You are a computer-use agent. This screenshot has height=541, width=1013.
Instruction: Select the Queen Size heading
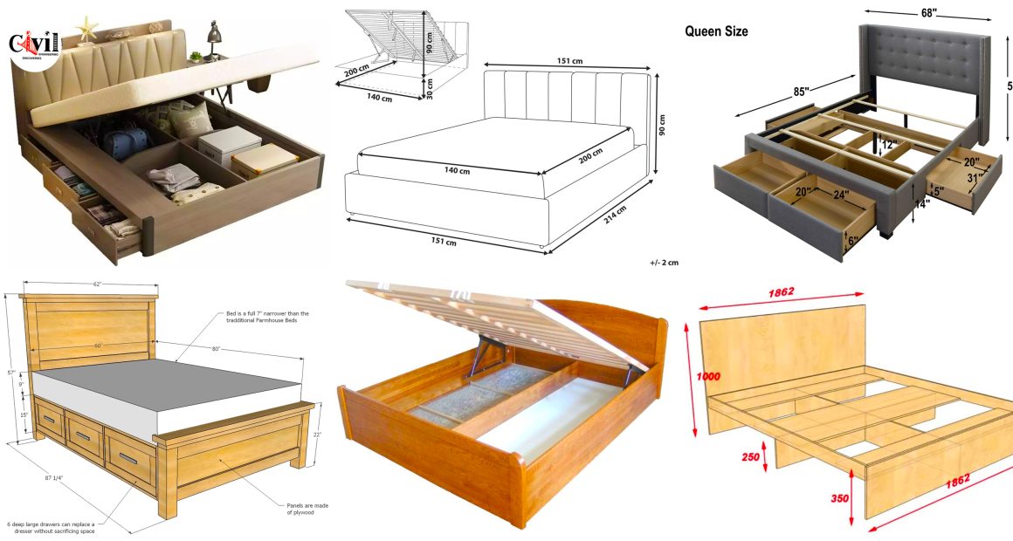716,31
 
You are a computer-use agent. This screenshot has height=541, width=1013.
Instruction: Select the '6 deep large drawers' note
52,527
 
